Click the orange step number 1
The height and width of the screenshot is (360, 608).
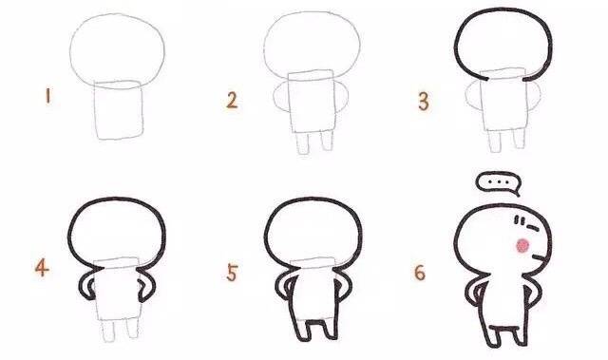click(x=47, y=96)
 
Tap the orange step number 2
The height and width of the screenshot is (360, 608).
click(x=232, y=101)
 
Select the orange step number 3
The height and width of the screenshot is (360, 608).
click(x=424, y=102)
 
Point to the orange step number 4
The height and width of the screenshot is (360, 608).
click(x=42, y=267)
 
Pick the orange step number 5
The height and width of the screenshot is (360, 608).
click(x=232, y=273)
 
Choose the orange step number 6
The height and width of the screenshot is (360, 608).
click(x=420, y=273)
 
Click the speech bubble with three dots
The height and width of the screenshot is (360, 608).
click(x=498, y=183)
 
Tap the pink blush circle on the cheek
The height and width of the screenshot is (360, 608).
click(x=522, y=246)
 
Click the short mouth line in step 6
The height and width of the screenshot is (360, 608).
click(x=539, y=257)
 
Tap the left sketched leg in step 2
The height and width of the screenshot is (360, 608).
click(x=302, y=142)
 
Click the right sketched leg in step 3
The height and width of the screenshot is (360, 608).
click(x=519, y=138)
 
